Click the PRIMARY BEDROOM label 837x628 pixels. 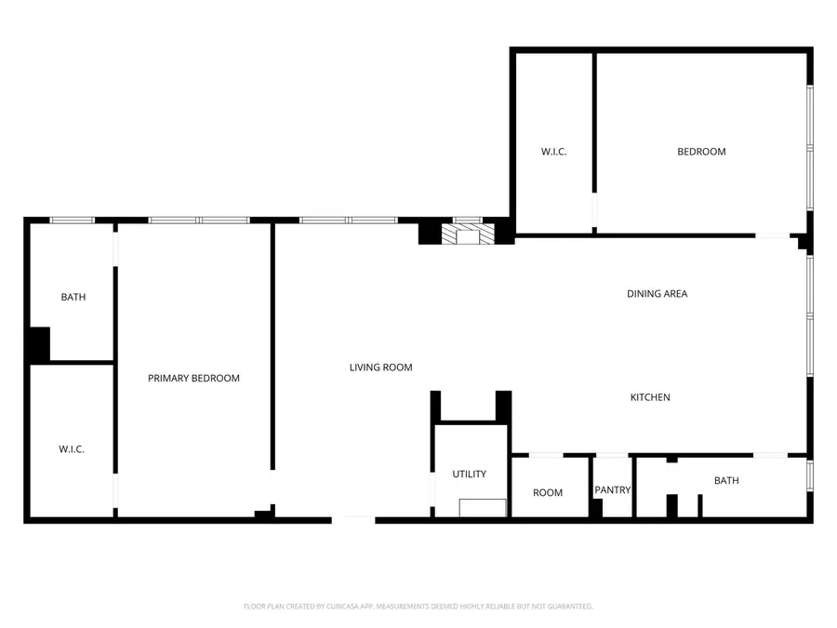point(193,379)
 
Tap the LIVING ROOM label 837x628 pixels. point(380,367)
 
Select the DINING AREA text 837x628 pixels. point(657,294)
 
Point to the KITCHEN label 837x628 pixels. point(650,397)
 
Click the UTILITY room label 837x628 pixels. point(469,474)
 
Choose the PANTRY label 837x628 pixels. point(612,490)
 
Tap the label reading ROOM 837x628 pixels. point(548,493)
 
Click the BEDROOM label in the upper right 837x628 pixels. point(701,152)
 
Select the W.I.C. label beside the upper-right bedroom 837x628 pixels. point(554,152)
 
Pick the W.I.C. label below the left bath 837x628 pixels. point(72,449)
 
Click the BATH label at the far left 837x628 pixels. point(73,298)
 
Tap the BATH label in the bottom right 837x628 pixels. point(726,481)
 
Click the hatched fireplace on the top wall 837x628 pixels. point(462,234)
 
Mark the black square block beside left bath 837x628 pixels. point(37,345)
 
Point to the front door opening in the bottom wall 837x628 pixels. point(353,519)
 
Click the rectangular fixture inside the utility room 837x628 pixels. point(483,508)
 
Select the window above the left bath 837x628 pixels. point(73,220)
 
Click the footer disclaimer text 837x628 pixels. point(418,607)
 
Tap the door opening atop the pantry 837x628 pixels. point(612,455)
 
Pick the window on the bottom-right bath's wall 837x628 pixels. point(810,474)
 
